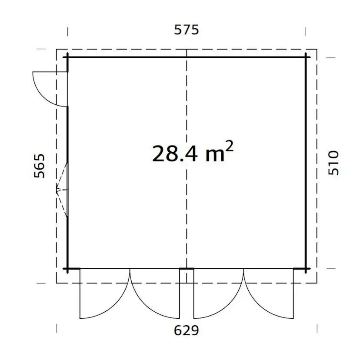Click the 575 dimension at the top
pyautogui.click(x=186, y=30)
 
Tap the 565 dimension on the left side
pyautogui.click(x=40, y=166)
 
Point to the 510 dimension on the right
pyautogui.click(x=333, y=163)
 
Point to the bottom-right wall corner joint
pyautogui.click(x=306, y=269)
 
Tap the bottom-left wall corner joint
pyautogui.click(x=67, y=269)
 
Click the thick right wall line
pyautogui.click(x=306, y=161)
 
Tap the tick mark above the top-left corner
pyautogui.click(x=67, y=31)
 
